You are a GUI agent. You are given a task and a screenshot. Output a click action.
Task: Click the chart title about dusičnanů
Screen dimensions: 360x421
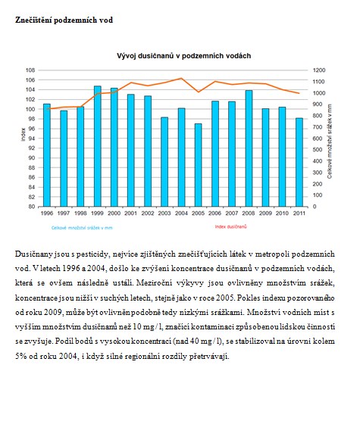click(x=183, y=56)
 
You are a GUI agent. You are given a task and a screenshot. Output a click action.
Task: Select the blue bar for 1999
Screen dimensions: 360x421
click(x=98, y=146)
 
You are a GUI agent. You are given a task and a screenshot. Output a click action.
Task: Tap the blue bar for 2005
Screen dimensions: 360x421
click(x=199, y=165)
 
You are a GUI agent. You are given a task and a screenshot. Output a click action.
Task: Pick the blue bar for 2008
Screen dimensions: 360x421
click(x=249, y=148)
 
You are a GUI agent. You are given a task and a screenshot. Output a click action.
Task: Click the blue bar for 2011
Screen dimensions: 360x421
click(x=299, y=163)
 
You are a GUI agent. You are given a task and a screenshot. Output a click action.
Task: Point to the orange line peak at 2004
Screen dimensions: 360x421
click(x=181, y=78)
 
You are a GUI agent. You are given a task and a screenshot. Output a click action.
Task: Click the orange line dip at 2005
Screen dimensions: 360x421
click(x=199, y=92)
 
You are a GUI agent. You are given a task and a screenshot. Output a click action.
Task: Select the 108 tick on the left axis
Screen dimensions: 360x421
click(x=30, y=70)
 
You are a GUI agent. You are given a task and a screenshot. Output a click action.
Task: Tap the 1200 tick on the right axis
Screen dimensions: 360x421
click(x=319, y=70)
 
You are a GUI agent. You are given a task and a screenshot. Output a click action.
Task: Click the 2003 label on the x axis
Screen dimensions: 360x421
click(x=164, y=214)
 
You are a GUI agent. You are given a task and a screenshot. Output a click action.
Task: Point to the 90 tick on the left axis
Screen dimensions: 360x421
click(x=31, y=157)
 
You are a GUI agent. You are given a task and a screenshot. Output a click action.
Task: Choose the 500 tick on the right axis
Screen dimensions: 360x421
click(x=318, y=150)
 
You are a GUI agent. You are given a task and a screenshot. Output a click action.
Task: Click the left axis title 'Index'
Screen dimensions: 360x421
click(x=23, y=134)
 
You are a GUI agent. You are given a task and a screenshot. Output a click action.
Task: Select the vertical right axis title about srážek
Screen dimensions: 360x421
click(x=330, y=142)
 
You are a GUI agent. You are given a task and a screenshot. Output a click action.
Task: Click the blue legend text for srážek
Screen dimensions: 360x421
click(x=82, y=228)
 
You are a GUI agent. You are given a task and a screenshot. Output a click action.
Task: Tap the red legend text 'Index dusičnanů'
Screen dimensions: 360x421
click(x=230, y=226)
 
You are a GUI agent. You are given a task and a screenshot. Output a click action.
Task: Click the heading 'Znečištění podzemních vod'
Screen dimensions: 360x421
click(x=64, y=20)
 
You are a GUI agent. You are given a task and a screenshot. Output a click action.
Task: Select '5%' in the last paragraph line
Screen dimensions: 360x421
click(x=20, y=356)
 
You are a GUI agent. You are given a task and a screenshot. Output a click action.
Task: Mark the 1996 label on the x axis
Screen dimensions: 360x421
click(x=47, y=214)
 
